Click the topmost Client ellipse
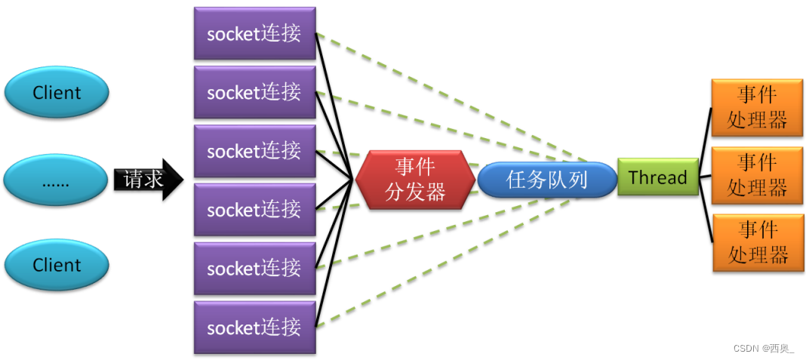pos(57,93)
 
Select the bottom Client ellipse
pos(57,265)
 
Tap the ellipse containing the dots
pos(57,180)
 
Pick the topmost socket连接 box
pos(254,33)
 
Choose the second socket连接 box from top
pos(254,92)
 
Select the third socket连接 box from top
pos(254,151)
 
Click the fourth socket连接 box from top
pos(254,209)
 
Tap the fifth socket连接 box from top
pos(254,268)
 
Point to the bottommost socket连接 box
pos(254,327)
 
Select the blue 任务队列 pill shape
pos(547,180)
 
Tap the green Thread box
pos(657,178)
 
